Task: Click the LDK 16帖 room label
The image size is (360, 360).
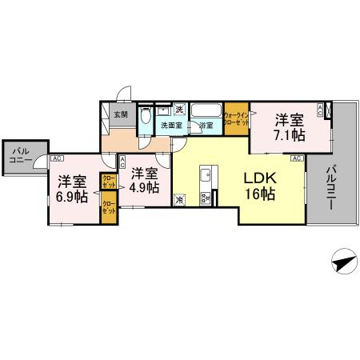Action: coord(259,186)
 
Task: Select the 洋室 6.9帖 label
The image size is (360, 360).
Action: coord(70,188)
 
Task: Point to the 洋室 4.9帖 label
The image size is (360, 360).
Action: coord(145,180)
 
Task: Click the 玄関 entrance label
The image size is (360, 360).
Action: coord(120,114)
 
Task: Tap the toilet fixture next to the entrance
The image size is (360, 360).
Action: coord(144,119)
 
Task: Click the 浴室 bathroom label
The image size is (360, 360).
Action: coord(206,126)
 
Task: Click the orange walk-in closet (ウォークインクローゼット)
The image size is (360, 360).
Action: coord(236,119)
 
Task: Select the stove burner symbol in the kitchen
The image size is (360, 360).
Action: coord(205,198)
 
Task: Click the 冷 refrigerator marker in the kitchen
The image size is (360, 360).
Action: coord(179,200)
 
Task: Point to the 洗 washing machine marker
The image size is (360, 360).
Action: coord(180,109)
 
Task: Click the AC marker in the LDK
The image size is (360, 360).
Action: coord(295,159)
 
